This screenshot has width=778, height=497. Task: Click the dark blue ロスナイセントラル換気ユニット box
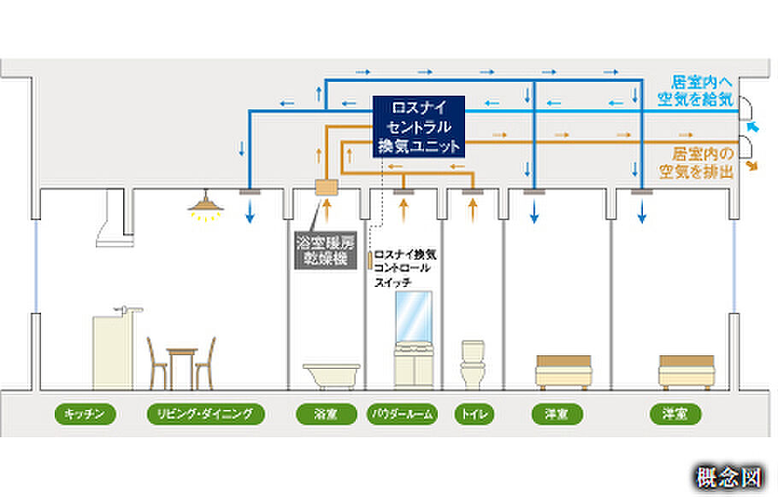point(419,126)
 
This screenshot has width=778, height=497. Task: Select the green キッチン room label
point(85,415)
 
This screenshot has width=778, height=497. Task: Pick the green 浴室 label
point(325,415)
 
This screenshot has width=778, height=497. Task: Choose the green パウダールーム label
point(402,415)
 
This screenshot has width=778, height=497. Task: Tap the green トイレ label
point(472,415)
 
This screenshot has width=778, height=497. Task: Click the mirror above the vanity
point(413,315)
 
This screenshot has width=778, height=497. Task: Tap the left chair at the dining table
point(156,363)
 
